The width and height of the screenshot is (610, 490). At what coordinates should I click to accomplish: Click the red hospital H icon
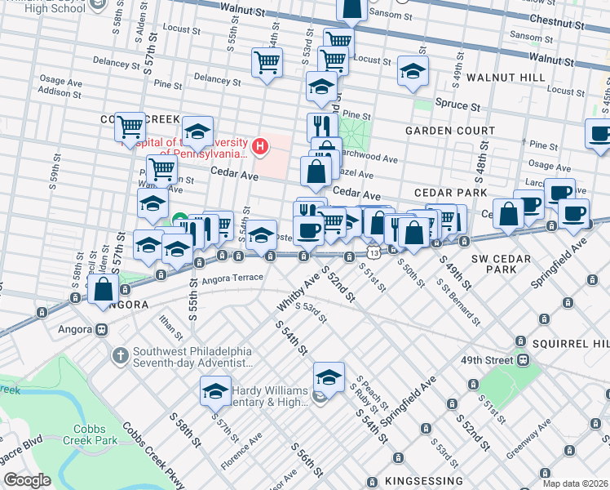click(259, 147)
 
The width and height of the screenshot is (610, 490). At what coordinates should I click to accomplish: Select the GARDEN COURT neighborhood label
click(449, 131)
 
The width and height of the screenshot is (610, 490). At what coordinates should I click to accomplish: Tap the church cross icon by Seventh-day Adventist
click(120, 355)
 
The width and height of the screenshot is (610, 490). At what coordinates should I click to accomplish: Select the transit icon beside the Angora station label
click(102, 330)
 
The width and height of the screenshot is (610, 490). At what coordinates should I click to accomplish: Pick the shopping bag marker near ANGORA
click(104, 289)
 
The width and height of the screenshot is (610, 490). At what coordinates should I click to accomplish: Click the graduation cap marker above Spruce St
click(413, 71)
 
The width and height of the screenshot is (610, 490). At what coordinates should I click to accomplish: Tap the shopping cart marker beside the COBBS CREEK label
click(130, 127)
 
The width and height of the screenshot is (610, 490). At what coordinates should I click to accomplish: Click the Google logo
click(27, 480)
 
